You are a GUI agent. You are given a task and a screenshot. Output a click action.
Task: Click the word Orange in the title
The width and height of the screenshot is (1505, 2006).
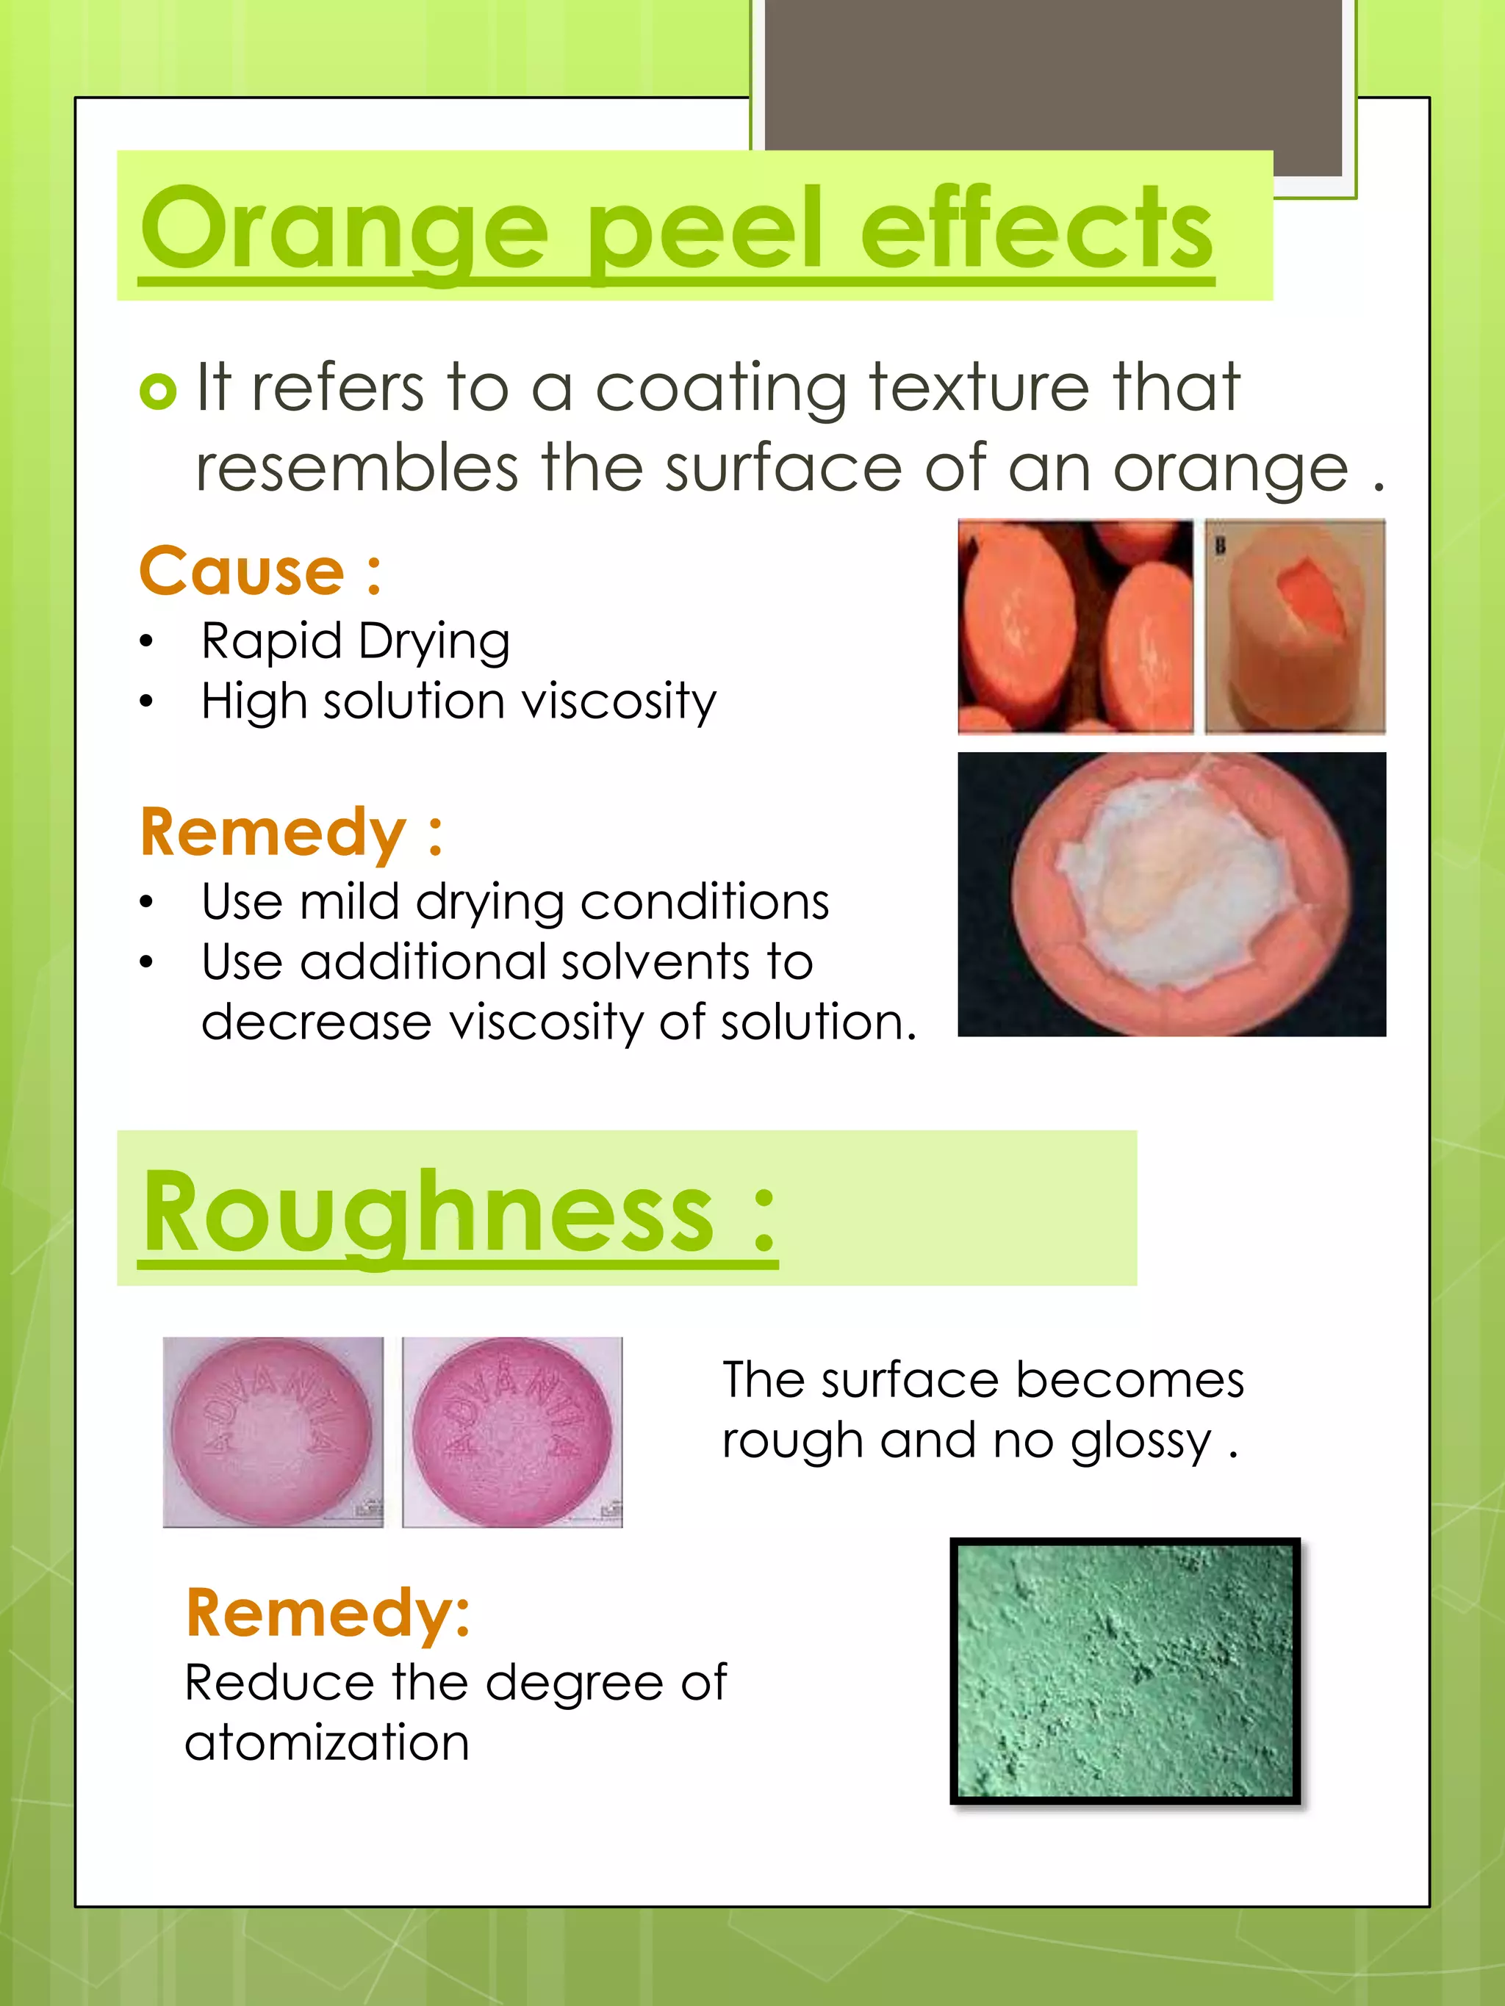pos(345,228)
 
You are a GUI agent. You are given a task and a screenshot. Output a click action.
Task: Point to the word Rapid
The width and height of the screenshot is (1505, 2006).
pos(270,642)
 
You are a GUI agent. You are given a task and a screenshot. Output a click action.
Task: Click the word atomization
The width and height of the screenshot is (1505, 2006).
pos(326,1743)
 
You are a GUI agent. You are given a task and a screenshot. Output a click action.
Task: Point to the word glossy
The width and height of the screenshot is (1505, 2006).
pos(1141,1442)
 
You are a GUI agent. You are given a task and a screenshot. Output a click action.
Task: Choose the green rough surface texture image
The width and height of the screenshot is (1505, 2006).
pos(1125,1670)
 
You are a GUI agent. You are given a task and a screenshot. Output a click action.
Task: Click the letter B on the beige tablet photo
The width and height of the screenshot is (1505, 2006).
pos(1220,546)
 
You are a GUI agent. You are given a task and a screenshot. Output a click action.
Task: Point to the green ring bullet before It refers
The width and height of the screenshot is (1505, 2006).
pos(158,392)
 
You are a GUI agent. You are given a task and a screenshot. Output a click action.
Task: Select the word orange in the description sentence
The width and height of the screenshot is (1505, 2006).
pos(1230,470)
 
